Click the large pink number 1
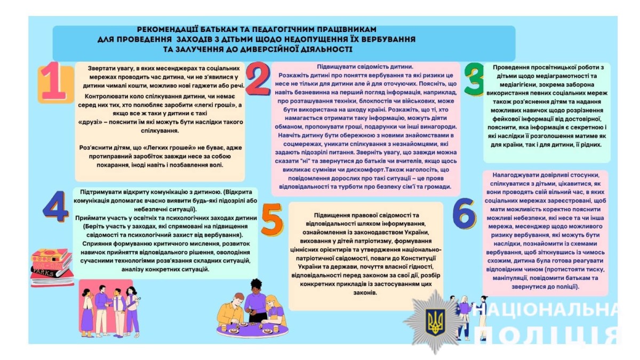[56, 83]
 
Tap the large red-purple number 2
[258, 79]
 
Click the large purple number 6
[463, 213]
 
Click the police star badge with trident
[435, 322]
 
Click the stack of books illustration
[51, 267]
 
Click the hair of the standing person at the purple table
[256, 284]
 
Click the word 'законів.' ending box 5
[365, 293]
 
